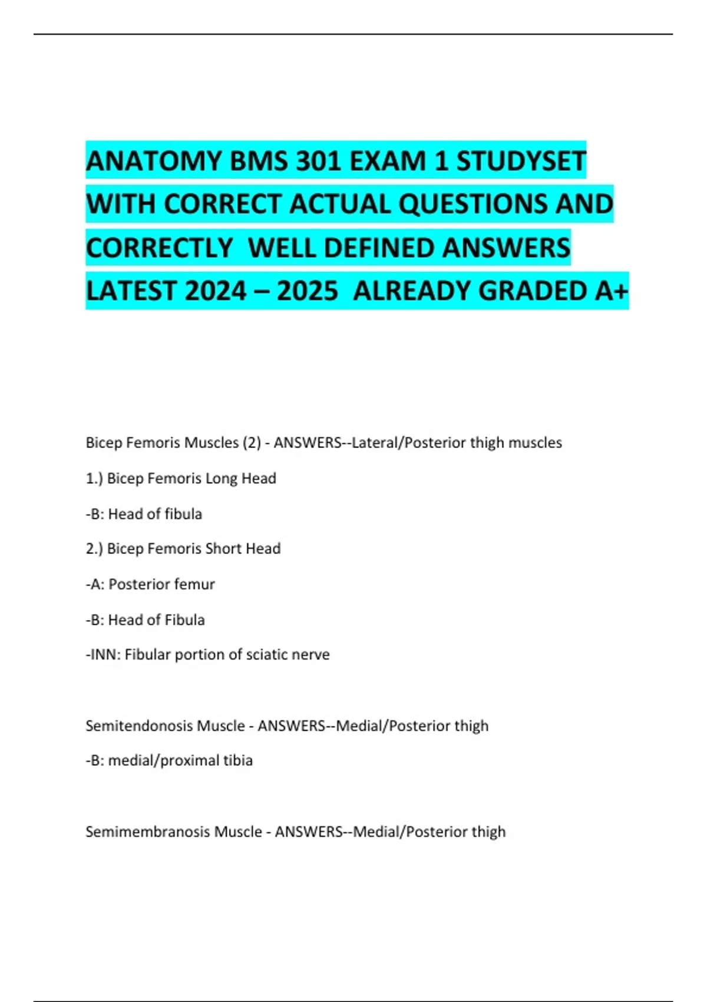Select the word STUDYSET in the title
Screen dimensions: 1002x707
coord(521,161)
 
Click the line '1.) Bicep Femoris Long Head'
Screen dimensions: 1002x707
coord(181,478)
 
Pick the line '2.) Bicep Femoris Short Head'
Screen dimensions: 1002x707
coord(183,549)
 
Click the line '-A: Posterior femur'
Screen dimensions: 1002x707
coord(150,584)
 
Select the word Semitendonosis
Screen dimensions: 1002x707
coord(139,726)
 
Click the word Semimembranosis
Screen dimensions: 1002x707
coord(147,832)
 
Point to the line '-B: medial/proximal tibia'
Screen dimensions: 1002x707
coord(169,760)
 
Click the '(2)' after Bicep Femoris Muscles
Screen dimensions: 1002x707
coord(252,443)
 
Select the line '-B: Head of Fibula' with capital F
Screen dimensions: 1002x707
coord(146,619)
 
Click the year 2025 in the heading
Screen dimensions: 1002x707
coord(308,291)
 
